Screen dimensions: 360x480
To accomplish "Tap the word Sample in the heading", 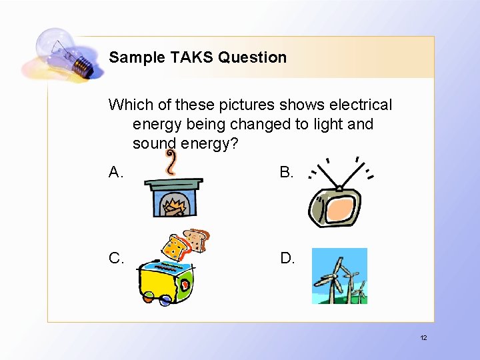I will pyautogui.click(x=135, y=57).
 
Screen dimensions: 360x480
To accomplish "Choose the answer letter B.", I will pyautogui.click(x=286, y=173).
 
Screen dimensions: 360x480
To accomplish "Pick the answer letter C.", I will pyautogui.click(x=116, y=258).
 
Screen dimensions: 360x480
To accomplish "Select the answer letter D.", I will pyautogui.click(x=287, y=258).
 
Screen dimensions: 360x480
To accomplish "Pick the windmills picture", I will pyautogui.click(x=339, y=276).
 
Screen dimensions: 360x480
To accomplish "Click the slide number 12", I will pyautogui.click(x=423, y=338).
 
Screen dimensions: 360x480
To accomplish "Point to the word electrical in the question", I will pyautogui.click(x=359, y=105).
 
